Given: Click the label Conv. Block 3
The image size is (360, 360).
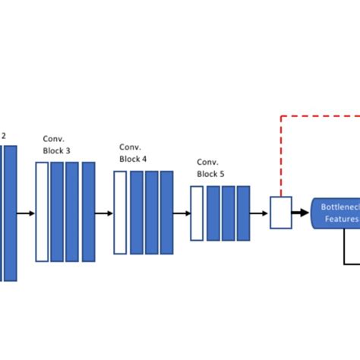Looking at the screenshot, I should [x=58, y=145].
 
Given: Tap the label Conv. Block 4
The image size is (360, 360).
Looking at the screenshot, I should [x=133, y=153].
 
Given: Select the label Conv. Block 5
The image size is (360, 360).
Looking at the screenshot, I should [x=211, y=168].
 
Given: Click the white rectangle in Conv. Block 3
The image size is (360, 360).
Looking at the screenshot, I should [x=42, y=211].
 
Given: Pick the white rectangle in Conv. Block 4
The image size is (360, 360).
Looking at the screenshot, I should [x=120, y=212].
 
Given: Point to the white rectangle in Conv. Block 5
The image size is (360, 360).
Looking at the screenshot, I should [x=197, y=213].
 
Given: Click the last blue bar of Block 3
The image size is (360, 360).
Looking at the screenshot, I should [x=88, y=211].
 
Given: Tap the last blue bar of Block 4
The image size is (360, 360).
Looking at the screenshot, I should [x=166, y=212].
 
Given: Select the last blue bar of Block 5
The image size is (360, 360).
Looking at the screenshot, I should [x=243, y=213].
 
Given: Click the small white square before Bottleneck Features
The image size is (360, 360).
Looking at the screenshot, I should [x=281, y=213].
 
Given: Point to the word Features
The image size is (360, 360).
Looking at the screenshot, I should [x=341, y=219].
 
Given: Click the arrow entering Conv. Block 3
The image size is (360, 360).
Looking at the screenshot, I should [x=26, y=213].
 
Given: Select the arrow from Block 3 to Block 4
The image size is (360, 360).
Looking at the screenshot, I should [x=104, y=213].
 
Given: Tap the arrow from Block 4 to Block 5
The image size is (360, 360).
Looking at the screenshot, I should [x=182, y=213].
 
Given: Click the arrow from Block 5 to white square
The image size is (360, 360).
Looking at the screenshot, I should [x=260, y=213].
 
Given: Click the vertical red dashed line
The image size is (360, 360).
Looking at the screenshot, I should [x=282, y=156].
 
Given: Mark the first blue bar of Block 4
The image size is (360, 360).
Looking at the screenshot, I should [x=136, y=212].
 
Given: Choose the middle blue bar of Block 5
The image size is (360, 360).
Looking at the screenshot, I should [x=228, y=213].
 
